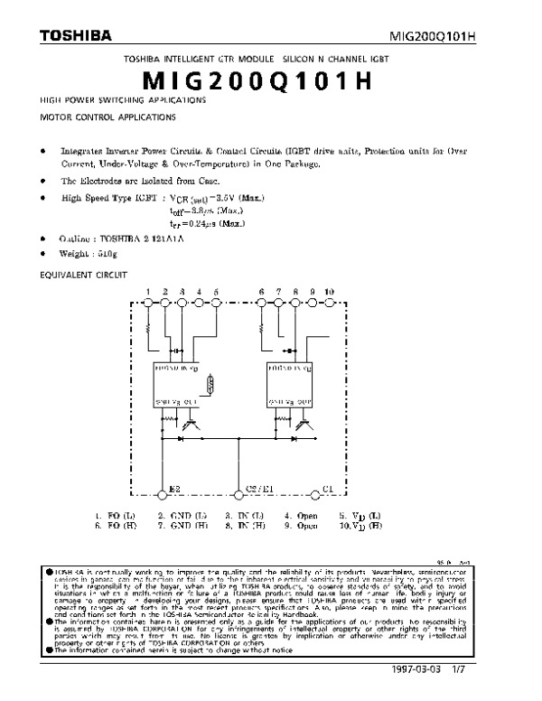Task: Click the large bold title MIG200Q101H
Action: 271,79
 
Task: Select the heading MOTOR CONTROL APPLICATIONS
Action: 100,117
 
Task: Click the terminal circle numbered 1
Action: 147,303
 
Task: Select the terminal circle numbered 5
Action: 216,303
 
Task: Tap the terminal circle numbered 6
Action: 261,303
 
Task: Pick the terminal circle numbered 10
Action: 329,303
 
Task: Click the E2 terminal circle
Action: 163,494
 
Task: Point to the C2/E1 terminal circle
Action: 238,494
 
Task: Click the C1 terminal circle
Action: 314,494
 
